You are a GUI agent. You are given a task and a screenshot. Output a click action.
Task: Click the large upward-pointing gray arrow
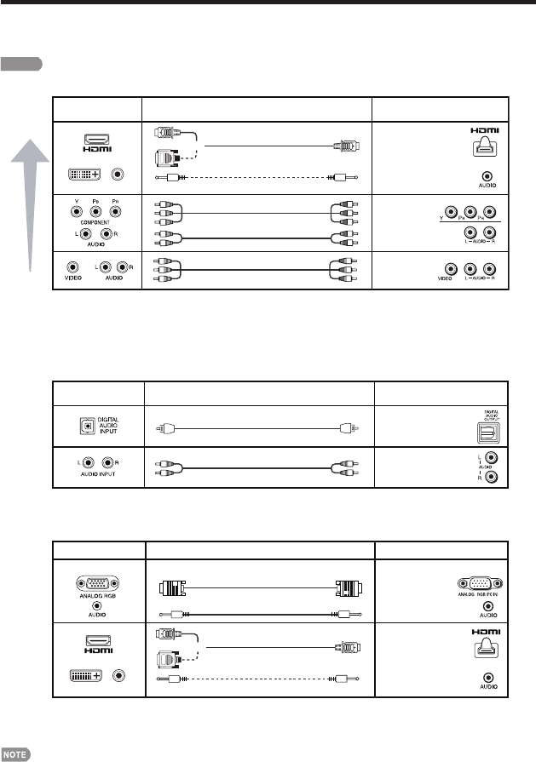coord(31,204)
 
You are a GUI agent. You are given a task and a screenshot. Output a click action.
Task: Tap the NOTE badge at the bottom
coord(17,754)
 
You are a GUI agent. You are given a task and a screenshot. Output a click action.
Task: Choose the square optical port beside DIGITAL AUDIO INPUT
coord(85,426)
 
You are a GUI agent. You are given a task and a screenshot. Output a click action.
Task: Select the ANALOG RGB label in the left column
coord(97,599)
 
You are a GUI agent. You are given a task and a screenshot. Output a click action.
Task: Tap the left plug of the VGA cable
coord(173,587)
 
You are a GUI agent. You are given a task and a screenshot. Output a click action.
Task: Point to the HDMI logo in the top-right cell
coord(485,133)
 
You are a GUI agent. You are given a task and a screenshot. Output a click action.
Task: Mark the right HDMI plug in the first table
coord(348,146)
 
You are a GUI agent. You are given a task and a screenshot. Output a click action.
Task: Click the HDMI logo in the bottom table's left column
coord(97,647)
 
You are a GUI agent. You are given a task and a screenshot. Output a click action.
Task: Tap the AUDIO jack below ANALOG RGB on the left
coord(97,610)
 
